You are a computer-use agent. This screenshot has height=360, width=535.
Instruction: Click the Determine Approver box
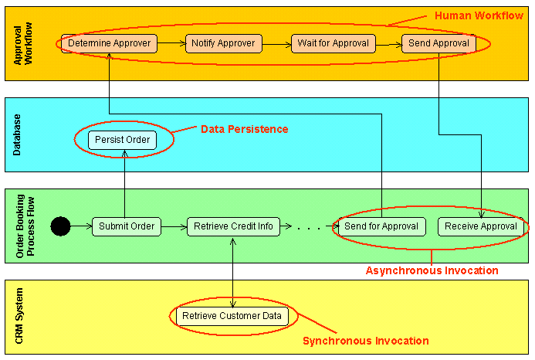[x=110, y=43]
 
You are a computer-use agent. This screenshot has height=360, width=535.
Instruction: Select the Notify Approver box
[x=224, y=43]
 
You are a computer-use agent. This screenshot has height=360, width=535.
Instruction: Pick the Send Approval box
[x=438, y=43]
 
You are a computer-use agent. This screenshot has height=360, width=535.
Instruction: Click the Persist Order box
[x=123, y=140]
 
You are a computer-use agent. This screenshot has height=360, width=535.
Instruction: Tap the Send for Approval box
[x=381, y=226]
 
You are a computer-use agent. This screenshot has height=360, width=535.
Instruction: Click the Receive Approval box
[x=481, y=226]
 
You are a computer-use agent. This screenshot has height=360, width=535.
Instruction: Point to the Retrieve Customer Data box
[x=233, y=316]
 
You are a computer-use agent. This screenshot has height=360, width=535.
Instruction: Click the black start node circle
[x=60, y=226]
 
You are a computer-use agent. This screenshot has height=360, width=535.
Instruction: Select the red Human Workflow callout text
[x=479, y=15]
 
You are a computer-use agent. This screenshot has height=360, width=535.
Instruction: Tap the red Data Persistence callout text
[x=244, y=129]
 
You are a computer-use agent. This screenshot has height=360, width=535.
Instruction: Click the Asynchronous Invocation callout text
[x=432, y=270]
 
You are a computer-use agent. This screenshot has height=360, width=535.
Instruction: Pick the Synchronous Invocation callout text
[x=365, y=341]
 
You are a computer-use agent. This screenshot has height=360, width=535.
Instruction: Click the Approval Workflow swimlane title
[x=24, y=44]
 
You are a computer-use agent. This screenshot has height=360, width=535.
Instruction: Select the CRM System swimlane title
[x=19, y=318]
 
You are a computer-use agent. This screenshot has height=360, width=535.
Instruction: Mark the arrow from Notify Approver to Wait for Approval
[x=277, y=43]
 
